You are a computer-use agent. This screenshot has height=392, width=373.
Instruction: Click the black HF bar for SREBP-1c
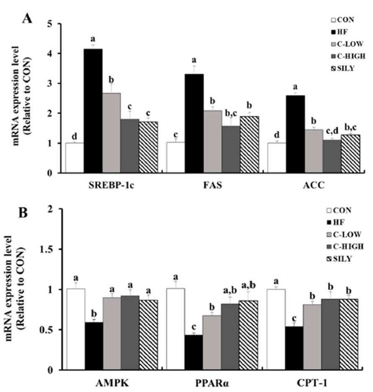click(x=93, y=111)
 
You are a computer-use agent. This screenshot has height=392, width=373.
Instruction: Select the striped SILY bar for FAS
click(x=249, y=144)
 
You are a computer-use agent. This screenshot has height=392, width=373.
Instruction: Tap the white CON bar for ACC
click(x=277, y=158)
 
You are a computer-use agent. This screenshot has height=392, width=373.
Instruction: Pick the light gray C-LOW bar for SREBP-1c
click(x=111, y=133)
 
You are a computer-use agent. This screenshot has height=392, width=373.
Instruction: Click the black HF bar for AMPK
click(x=94, y=346)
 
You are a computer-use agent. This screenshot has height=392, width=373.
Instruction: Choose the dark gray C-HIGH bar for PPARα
click(x=230, y=337)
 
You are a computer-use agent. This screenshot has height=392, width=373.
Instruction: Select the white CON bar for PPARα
click(x=176, y=329)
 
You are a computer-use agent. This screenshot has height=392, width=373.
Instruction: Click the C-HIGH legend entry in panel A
click(x=348, y=56)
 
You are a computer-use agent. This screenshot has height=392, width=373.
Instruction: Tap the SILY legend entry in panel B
click(x=340, y=259)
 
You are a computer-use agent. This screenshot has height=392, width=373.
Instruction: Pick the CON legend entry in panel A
click(x=342, y=20)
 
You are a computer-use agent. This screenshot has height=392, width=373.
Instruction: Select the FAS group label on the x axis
click(x=213, y=185)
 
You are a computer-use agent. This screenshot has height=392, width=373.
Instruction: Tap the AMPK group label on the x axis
click(x=112, y=383)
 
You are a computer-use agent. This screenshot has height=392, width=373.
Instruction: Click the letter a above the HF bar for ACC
click(x=296, y=87)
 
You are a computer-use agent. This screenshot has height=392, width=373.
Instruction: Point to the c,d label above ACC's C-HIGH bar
click(x=332, y=131)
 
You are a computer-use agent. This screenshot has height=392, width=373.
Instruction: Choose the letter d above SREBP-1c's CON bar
click(x=75, y=136)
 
